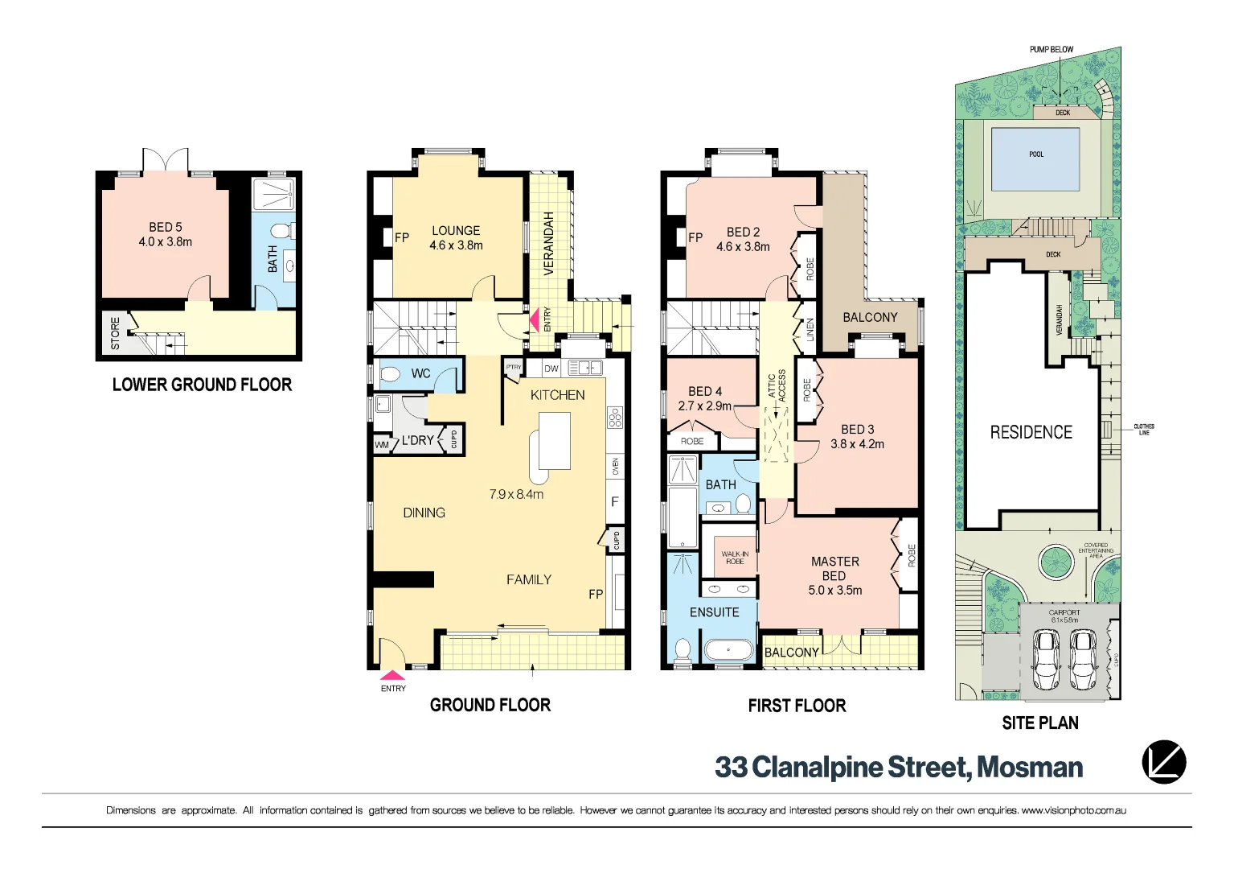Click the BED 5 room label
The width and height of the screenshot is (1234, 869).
tap(166, 228)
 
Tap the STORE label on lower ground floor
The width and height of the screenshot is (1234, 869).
tap(115, 333)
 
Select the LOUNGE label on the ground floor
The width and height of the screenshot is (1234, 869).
tap(456, 231)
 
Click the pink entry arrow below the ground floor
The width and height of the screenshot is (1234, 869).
tap(392, 676)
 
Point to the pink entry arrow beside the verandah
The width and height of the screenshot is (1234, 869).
tap(534, 321)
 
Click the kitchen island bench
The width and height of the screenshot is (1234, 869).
tap(554, 441)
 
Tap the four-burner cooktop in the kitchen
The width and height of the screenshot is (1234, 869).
tap(615, 418)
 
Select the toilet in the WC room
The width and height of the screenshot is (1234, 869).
tap(391, 374)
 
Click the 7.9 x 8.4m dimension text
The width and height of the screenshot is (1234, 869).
tap(516, 494)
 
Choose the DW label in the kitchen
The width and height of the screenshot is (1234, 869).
tap(551, 369)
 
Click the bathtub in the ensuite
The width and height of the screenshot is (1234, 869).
tap(728, 650)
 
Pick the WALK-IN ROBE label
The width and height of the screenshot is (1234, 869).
tap(735, 558)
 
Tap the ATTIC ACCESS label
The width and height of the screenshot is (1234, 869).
tap(777, 386)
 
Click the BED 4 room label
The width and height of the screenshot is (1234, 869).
tap(705, 391)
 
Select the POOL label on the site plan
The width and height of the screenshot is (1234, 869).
tap(1036, 154)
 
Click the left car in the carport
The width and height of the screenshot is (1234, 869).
tap(1046, 659)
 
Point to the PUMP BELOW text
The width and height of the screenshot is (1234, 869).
tap(1052, 50)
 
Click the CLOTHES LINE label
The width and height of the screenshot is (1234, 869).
tap(1143, 430)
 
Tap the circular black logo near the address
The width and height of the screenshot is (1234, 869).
tap(1163, 762)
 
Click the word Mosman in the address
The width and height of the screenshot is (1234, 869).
tap(1030, 768)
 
